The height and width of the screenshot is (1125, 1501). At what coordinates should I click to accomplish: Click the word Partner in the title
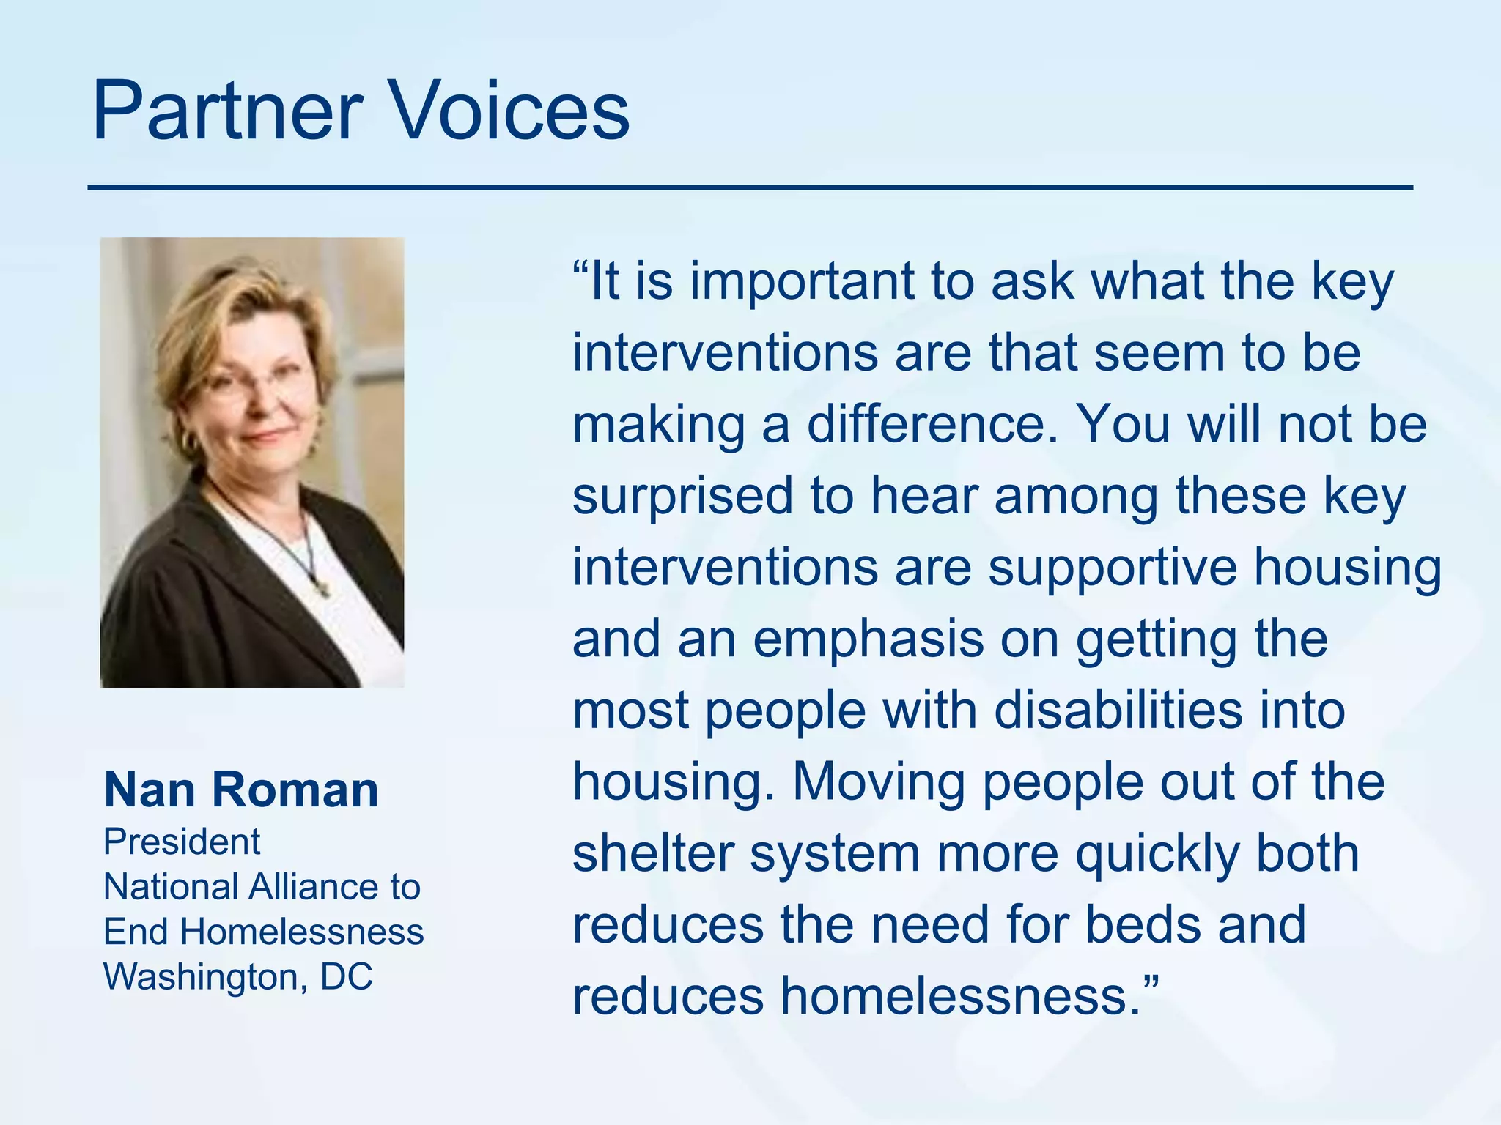pyautogui.click(x=227, y=111)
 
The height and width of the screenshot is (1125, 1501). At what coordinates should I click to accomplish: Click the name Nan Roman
pyautogui.click(x=241, y=790)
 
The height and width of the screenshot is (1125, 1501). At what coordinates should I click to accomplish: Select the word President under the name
pyautogui.click(x=182, y=842)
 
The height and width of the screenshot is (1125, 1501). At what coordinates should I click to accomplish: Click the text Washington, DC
pyautogui.click(x=238, y=976)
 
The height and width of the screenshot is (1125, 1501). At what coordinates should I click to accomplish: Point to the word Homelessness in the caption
pyautogui.click(x=302, y=932)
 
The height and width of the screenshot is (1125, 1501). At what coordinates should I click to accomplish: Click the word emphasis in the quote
pyautogui.click(x=868, y=639)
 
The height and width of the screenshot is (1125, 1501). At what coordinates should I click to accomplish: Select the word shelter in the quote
pyautogui.click(x=653, y=853)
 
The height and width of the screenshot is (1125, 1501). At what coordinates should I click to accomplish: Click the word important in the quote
pyautogui.click(x=802, y=281)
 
